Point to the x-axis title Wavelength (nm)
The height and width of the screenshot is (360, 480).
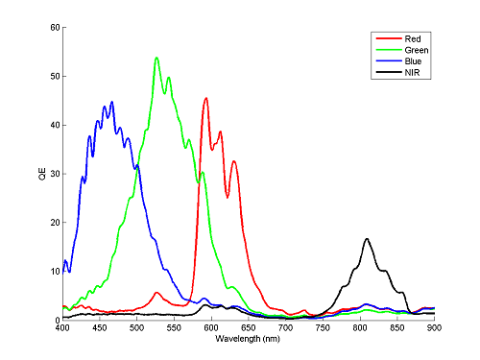click(249, 341)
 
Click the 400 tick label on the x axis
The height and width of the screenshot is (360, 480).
click(62, 329)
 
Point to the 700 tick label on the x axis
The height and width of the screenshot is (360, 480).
click(285, 329)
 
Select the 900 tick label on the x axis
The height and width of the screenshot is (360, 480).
click(434, 329)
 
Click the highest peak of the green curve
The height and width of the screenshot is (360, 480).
click(156, 58)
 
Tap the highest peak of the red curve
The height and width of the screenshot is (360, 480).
click(205, 98)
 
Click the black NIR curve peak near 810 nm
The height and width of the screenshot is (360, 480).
click(367, 239)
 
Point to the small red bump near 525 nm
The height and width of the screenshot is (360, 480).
click(156, 293)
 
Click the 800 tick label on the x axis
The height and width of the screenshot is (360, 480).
click(360, 329)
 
